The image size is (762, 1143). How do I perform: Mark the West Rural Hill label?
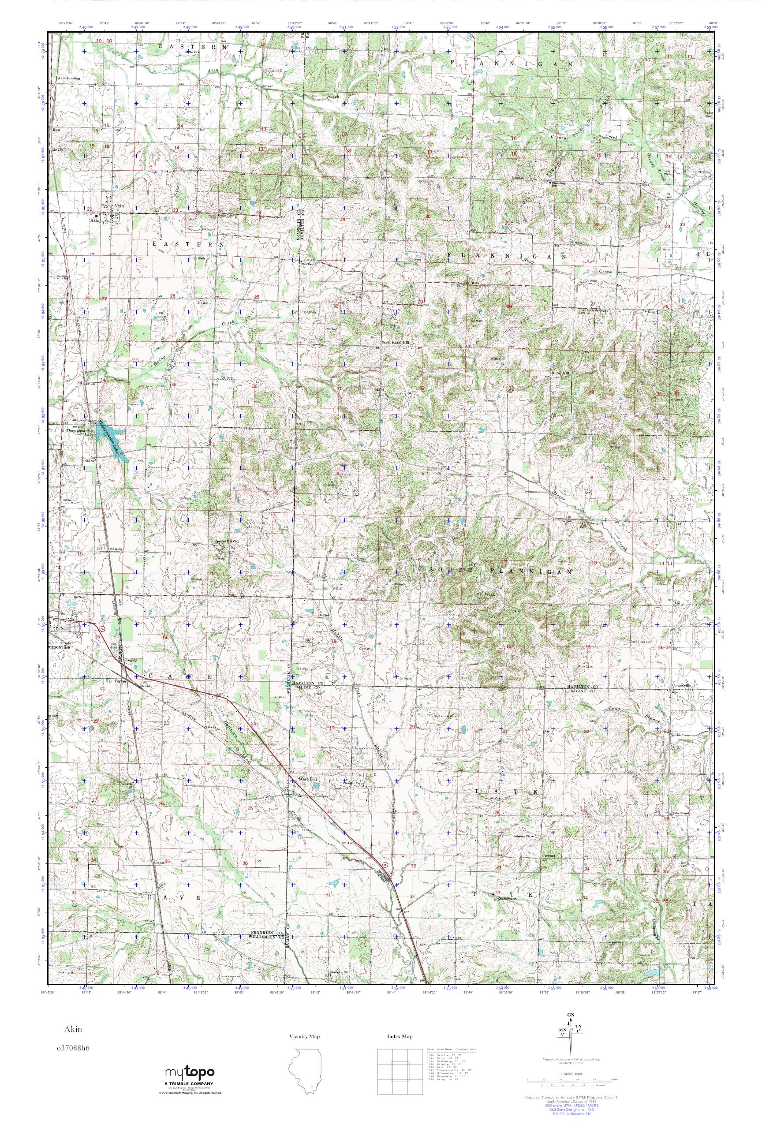pyautogui.click(x=395, y=342)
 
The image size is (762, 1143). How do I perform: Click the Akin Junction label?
pyautogui.click(x=68, y=78)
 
